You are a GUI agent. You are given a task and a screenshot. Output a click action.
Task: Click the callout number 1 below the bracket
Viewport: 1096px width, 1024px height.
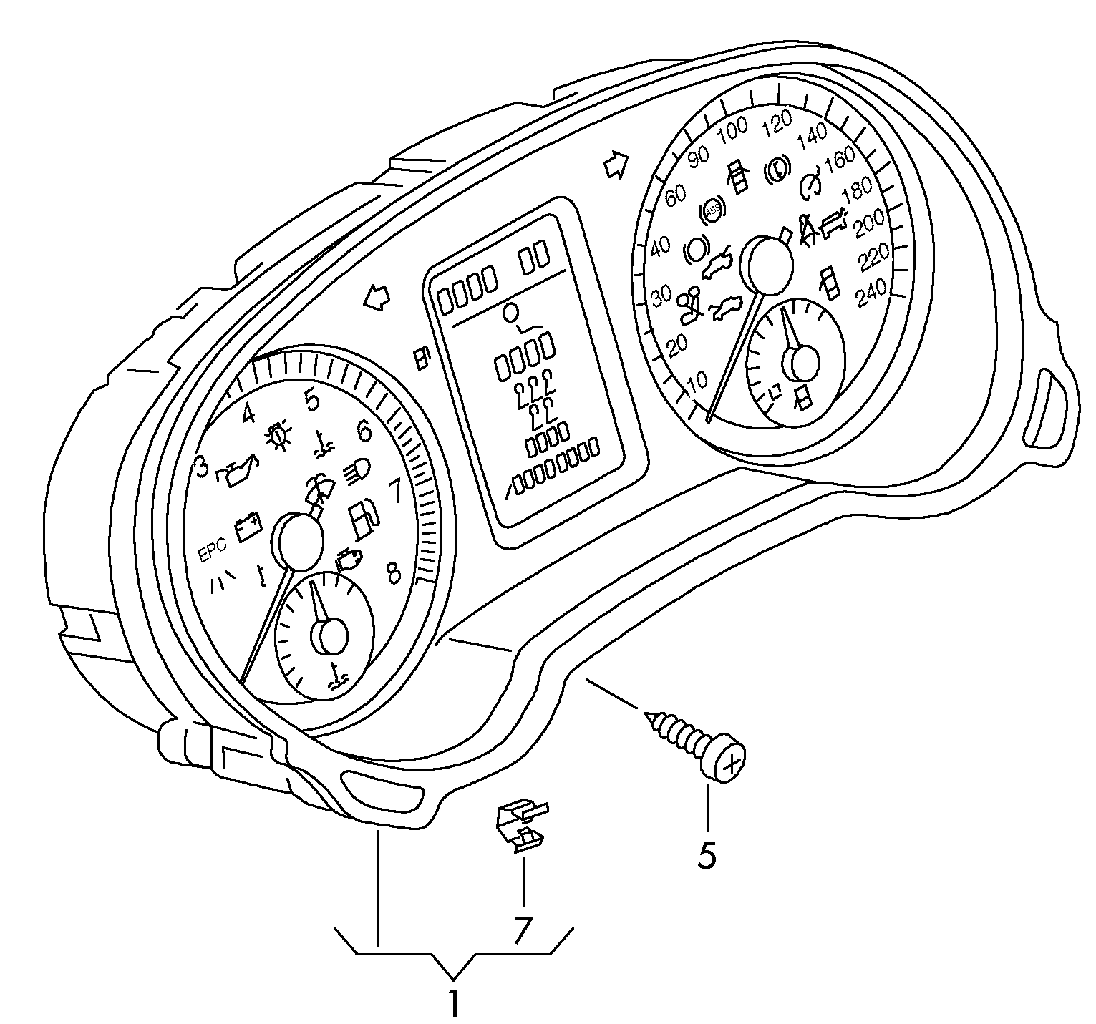click(x=453, y=1003)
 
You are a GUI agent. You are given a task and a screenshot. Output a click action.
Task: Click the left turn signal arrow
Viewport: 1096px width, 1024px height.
click(x=377, y=297)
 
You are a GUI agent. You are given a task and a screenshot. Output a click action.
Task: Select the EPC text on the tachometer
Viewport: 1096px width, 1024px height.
click(x=213, y=550)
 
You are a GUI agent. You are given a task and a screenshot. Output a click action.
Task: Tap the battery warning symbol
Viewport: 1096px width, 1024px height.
click(x=248, y=526)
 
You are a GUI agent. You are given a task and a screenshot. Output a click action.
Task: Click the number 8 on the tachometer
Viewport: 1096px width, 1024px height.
click(x=393, y=572)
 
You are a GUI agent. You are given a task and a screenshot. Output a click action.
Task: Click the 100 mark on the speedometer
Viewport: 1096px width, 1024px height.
click(x=732, y=132)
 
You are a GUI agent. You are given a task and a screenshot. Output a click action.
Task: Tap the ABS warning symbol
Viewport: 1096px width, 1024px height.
click(x=713, y=210)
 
